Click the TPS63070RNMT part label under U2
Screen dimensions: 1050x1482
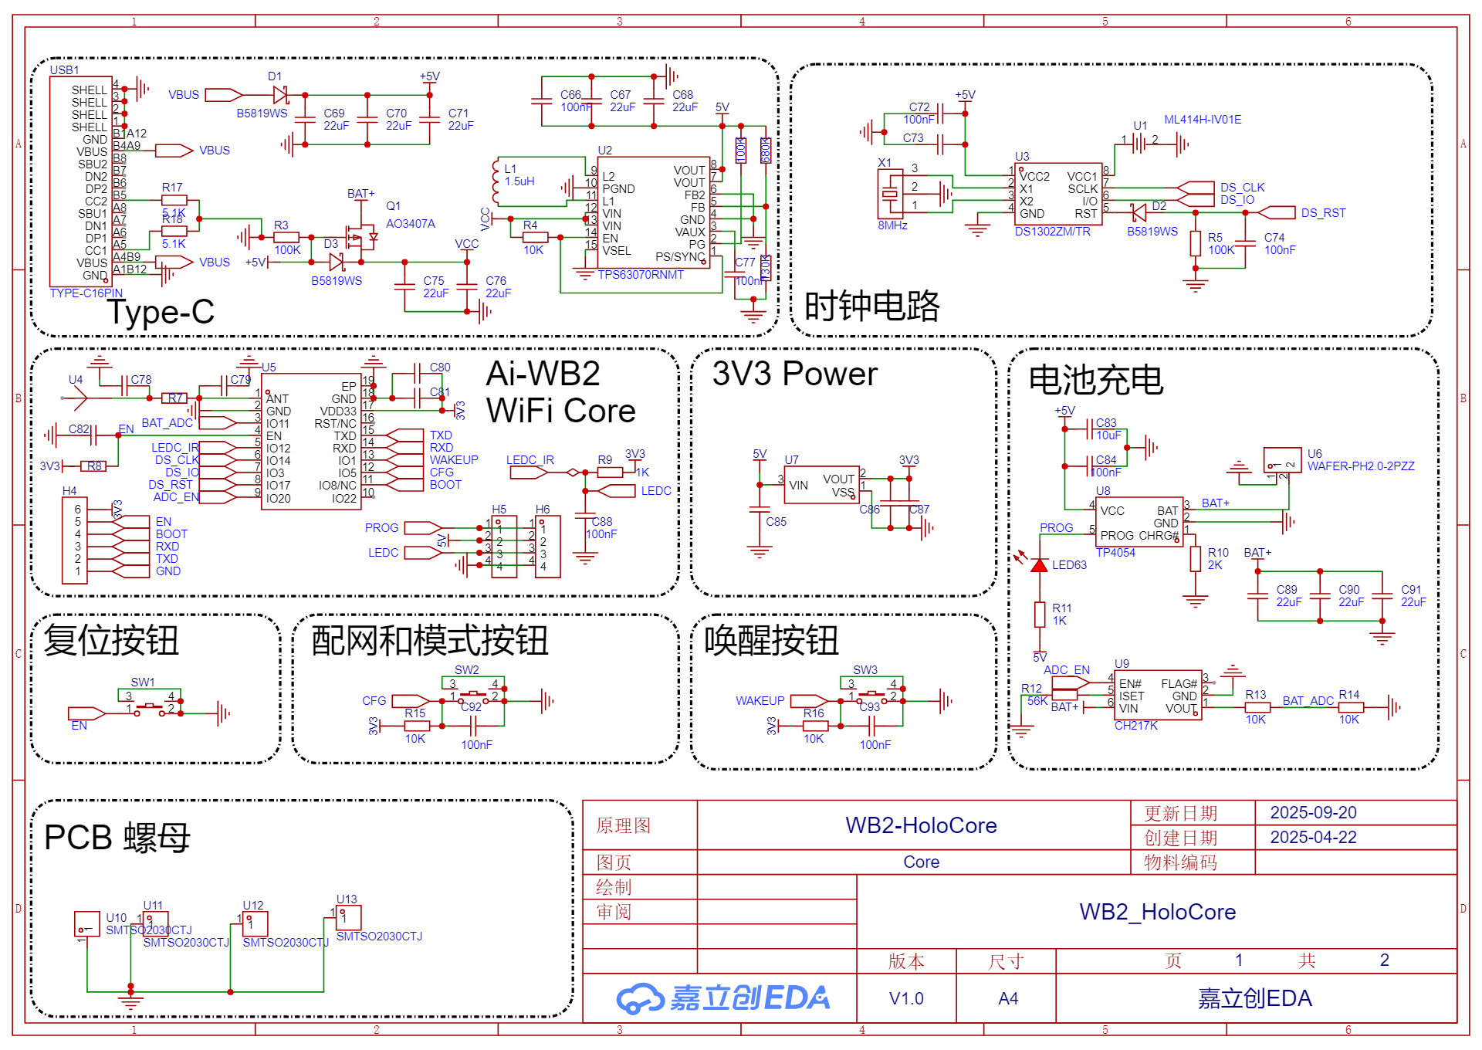[641, 275]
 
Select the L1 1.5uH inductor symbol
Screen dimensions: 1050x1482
[496, 182]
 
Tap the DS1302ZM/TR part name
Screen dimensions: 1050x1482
[1052, 232]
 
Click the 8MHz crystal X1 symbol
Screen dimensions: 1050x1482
[890, 195]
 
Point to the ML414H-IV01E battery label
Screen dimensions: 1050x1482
[1203, 120]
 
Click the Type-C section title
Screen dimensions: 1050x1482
[161, 312]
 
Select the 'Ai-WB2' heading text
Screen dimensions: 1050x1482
[543, 374]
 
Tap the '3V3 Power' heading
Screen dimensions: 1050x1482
[794, 374]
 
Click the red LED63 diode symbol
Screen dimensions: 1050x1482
[1039, 565]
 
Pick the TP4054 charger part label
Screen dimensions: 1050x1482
[1115, 553]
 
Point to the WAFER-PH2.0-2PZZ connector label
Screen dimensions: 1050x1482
[1361, 466]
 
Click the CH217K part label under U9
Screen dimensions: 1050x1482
[1135, 726]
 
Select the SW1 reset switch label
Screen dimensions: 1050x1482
[143, 682]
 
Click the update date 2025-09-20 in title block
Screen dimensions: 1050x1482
[1313, 812]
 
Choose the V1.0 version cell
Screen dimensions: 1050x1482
[906, 998]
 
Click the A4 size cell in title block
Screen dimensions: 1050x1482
[1008, 998]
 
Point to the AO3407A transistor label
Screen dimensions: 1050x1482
[411, 224]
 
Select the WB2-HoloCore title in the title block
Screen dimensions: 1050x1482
[921, 825]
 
